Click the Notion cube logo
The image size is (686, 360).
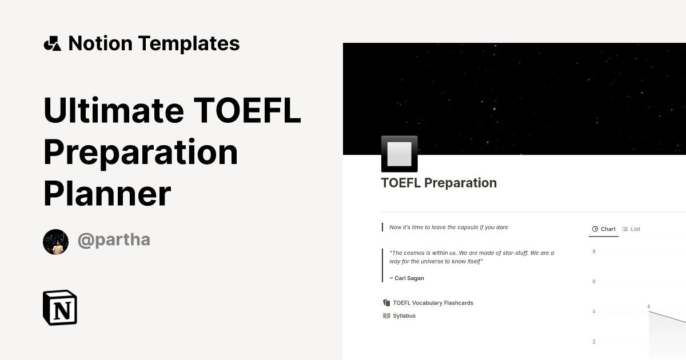pyautogui.click(x=60, y=307)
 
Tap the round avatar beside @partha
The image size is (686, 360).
pyautogui.click(x=56, y=242)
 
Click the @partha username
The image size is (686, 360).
pyautogui.click(x=114, y=240)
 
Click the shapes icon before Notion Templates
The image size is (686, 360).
pyautogui.click(x=52, y=43)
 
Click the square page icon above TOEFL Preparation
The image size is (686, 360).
pyautogui.click(x=399, y=154)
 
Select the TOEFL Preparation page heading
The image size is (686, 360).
pyautogui.click(x=438, y=183)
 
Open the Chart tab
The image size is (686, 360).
pyautogui.click(x=604, y=229)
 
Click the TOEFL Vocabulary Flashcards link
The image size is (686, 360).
pyautogui.click(x=433, y=303)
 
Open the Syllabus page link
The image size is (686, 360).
pyautogui.click(x=404, y=315)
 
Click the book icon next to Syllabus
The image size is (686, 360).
pyautogui.click(x=386, y=315)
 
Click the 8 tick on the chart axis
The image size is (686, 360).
pyautogui.click(x=594, y=251)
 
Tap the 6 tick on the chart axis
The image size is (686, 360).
pyautogui.click(x=594, y=282)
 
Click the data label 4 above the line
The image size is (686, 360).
pyautogui.click(x=649, y=307)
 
